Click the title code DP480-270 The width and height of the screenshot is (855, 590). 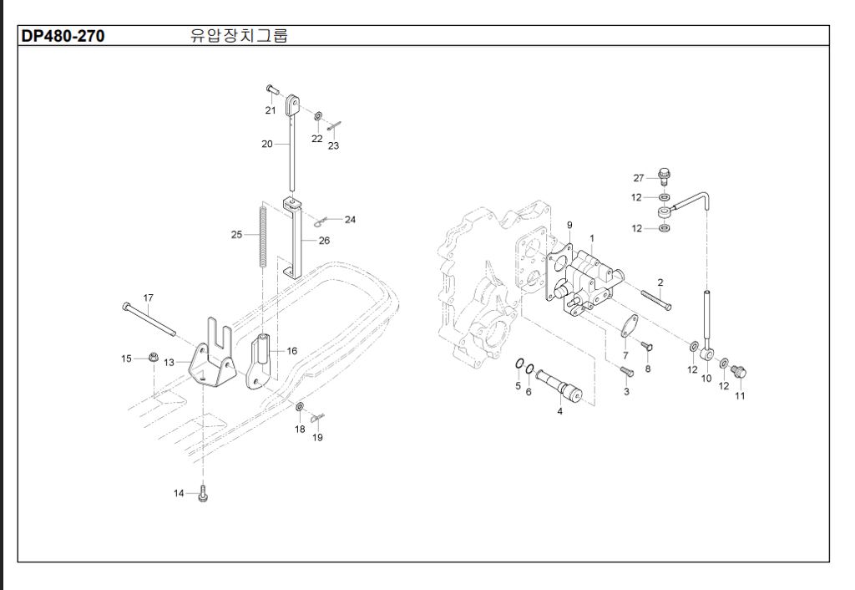pyautogui.click(x=63, y=36)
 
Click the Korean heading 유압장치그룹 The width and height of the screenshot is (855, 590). pyautogui.click(x=240, y=36)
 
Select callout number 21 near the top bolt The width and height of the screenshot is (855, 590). pyautogui.click(x=271, y=110)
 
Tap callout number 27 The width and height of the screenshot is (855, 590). pyautogui.click(x=639, y=178)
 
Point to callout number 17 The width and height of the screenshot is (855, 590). pyautogui.click(x=149, y=298)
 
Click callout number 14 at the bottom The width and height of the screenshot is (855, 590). pyautogui.click(x=179, y=494)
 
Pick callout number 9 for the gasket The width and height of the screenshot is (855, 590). pyautogui.click(x=570, y=226)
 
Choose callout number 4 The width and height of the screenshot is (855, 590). pyautogui.click(x=559, y=410)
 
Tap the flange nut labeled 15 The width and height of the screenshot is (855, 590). pyautogui.click(x=154, y=359)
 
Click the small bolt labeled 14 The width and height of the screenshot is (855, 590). pyautogui.click(x=202, y=495)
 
